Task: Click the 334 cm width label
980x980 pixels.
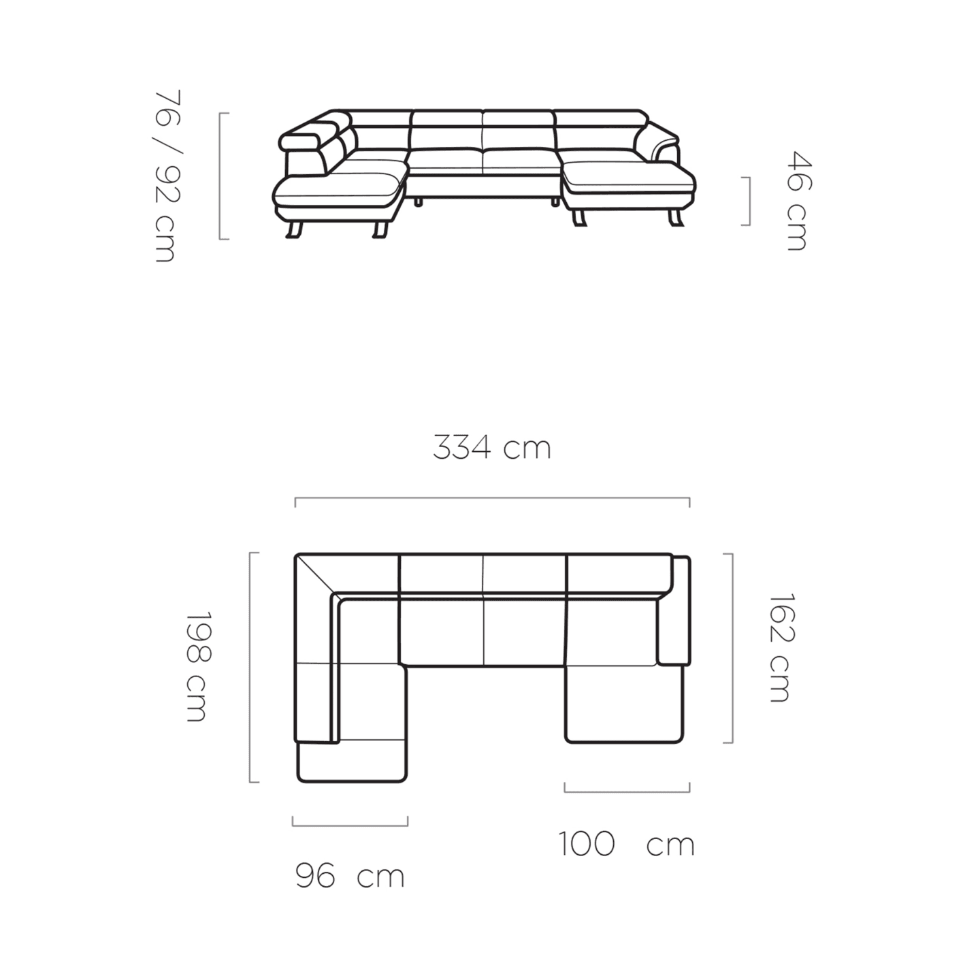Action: click(492, 448)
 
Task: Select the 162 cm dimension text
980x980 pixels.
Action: click(780, 648)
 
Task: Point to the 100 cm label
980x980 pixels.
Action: click(627, 844)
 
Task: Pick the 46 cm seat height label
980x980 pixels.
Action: click(798, 200)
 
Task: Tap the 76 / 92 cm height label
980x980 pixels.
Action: click(167, 176)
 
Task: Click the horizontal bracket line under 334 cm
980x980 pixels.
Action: click(492, 498)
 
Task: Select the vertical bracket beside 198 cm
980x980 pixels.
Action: click(250, 667)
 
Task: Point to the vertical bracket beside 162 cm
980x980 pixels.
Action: click(732, 648)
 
